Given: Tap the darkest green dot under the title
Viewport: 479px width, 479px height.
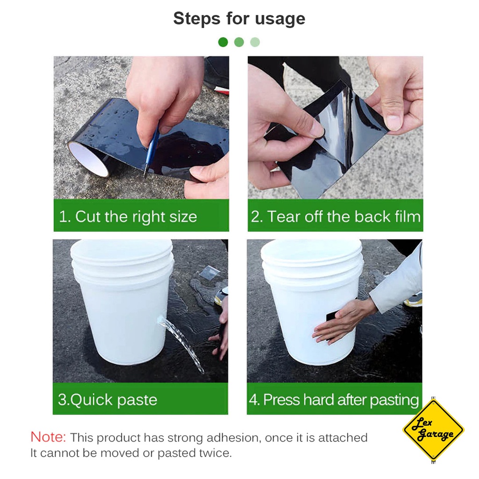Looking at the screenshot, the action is pyautogui.click(x=223, y=42).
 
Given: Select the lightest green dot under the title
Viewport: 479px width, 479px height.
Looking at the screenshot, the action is pyautogui.click(x=255, y=42).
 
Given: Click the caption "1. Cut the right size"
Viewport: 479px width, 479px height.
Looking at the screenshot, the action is pyautogui.click(x=128, y=217).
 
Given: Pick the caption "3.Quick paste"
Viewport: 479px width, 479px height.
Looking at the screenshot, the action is pyautogui.click(x=107, y=399).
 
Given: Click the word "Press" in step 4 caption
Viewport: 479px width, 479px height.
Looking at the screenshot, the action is pyautogui.click(x=282, y=399).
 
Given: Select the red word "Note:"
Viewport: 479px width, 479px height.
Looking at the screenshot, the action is pyautogui.click(x=48, y=437).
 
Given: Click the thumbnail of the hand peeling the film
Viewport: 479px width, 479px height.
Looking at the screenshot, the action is pyautogui.click(x=335, y=127).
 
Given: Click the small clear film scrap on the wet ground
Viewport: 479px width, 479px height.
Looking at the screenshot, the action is pyautogui.click(x=208, y=272).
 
